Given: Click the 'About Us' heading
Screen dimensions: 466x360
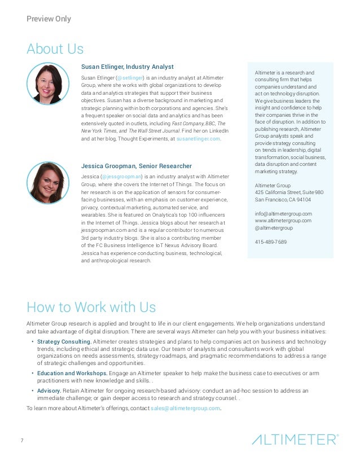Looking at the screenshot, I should (55, 49).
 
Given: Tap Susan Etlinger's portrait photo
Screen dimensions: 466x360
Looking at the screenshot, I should (48, 83).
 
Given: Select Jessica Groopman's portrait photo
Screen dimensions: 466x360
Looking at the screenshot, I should (48, 183).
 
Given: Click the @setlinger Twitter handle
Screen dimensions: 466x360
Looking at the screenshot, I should (130, 77).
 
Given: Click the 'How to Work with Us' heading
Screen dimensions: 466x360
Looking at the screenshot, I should (91, 307).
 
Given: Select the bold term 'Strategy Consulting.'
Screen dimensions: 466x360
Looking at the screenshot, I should (64, 342).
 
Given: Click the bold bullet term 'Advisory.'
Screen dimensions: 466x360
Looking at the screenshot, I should (49, 390).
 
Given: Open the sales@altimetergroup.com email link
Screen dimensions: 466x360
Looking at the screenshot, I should (185, 408).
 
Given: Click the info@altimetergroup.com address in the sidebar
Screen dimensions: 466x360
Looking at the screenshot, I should (283, 214).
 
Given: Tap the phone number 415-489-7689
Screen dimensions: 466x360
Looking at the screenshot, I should (271, 242).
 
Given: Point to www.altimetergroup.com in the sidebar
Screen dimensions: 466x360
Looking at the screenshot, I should (283, 221).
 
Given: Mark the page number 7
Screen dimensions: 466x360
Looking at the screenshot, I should (22, 439).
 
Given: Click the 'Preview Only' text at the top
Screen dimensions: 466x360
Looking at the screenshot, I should (49, 19).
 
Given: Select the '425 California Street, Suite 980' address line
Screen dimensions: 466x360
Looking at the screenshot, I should (289, 192).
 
